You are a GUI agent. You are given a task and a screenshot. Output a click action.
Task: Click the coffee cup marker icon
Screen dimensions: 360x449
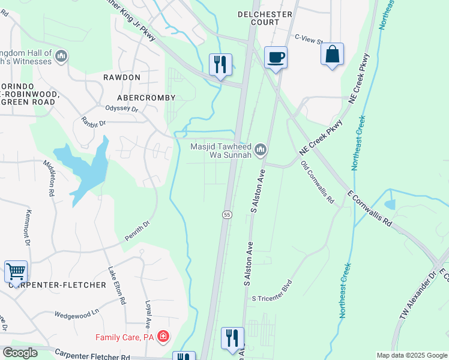click(275, 58)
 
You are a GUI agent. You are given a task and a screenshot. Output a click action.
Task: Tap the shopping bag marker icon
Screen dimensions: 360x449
click(332, 54)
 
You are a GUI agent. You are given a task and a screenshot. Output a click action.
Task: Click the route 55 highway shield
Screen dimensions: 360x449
click(227, 215)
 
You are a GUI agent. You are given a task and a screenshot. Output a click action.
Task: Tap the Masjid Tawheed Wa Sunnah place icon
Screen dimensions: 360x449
click(260, 149)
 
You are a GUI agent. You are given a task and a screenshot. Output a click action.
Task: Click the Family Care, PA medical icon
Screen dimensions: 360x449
click(163, 336)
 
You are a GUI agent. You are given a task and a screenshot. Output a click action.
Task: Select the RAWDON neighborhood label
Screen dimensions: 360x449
click(121, 77)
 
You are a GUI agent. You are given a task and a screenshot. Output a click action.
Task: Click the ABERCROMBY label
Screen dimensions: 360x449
click(147, 97)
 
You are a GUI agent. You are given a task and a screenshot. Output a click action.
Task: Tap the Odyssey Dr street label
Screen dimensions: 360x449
click(122, 110)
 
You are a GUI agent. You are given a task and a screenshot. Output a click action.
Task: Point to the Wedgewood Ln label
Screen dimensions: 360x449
click(76, 313)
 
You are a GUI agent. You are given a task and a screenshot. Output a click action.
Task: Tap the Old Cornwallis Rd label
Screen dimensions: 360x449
click(317, 182)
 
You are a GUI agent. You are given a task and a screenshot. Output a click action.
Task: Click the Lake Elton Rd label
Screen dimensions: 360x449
click(116, 284)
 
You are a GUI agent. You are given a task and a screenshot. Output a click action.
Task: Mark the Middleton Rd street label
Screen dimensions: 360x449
click(49, 179)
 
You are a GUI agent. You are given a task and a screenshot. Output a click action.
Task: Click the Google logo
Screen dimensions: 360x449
click(20, 353)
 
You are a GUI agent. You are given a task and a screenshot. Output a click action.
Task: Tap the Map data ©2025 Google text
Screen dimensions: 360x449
click(411, 355)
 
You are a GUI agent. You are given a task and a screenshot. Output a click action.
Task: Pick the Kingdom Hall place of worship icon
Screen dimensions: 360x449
click(61, 56)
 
